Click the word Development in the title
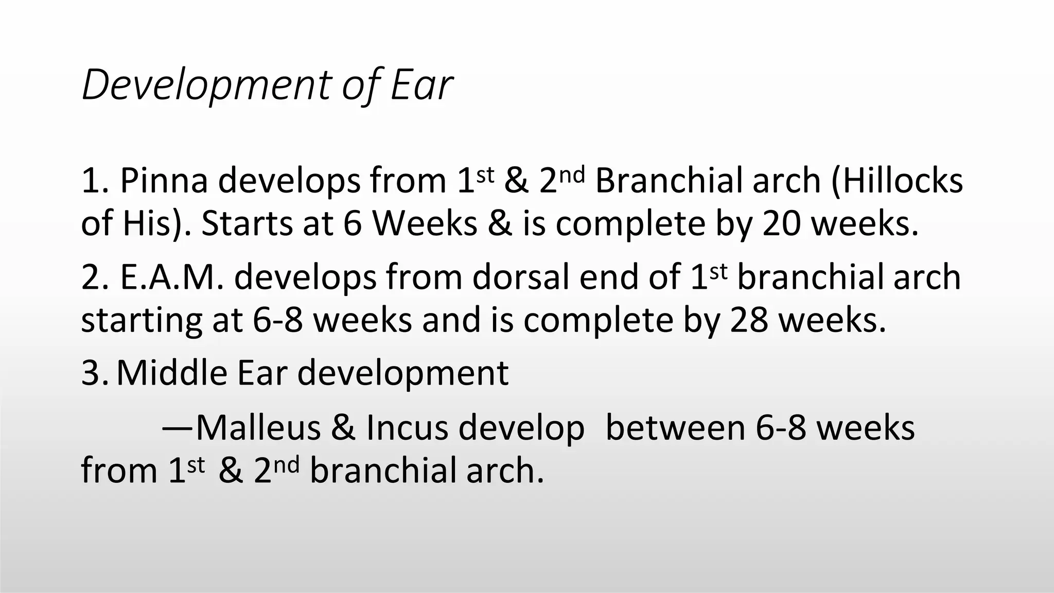(206, 85)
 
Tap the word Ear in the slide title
(421, 85)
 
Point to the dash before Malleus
(178, 428)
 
